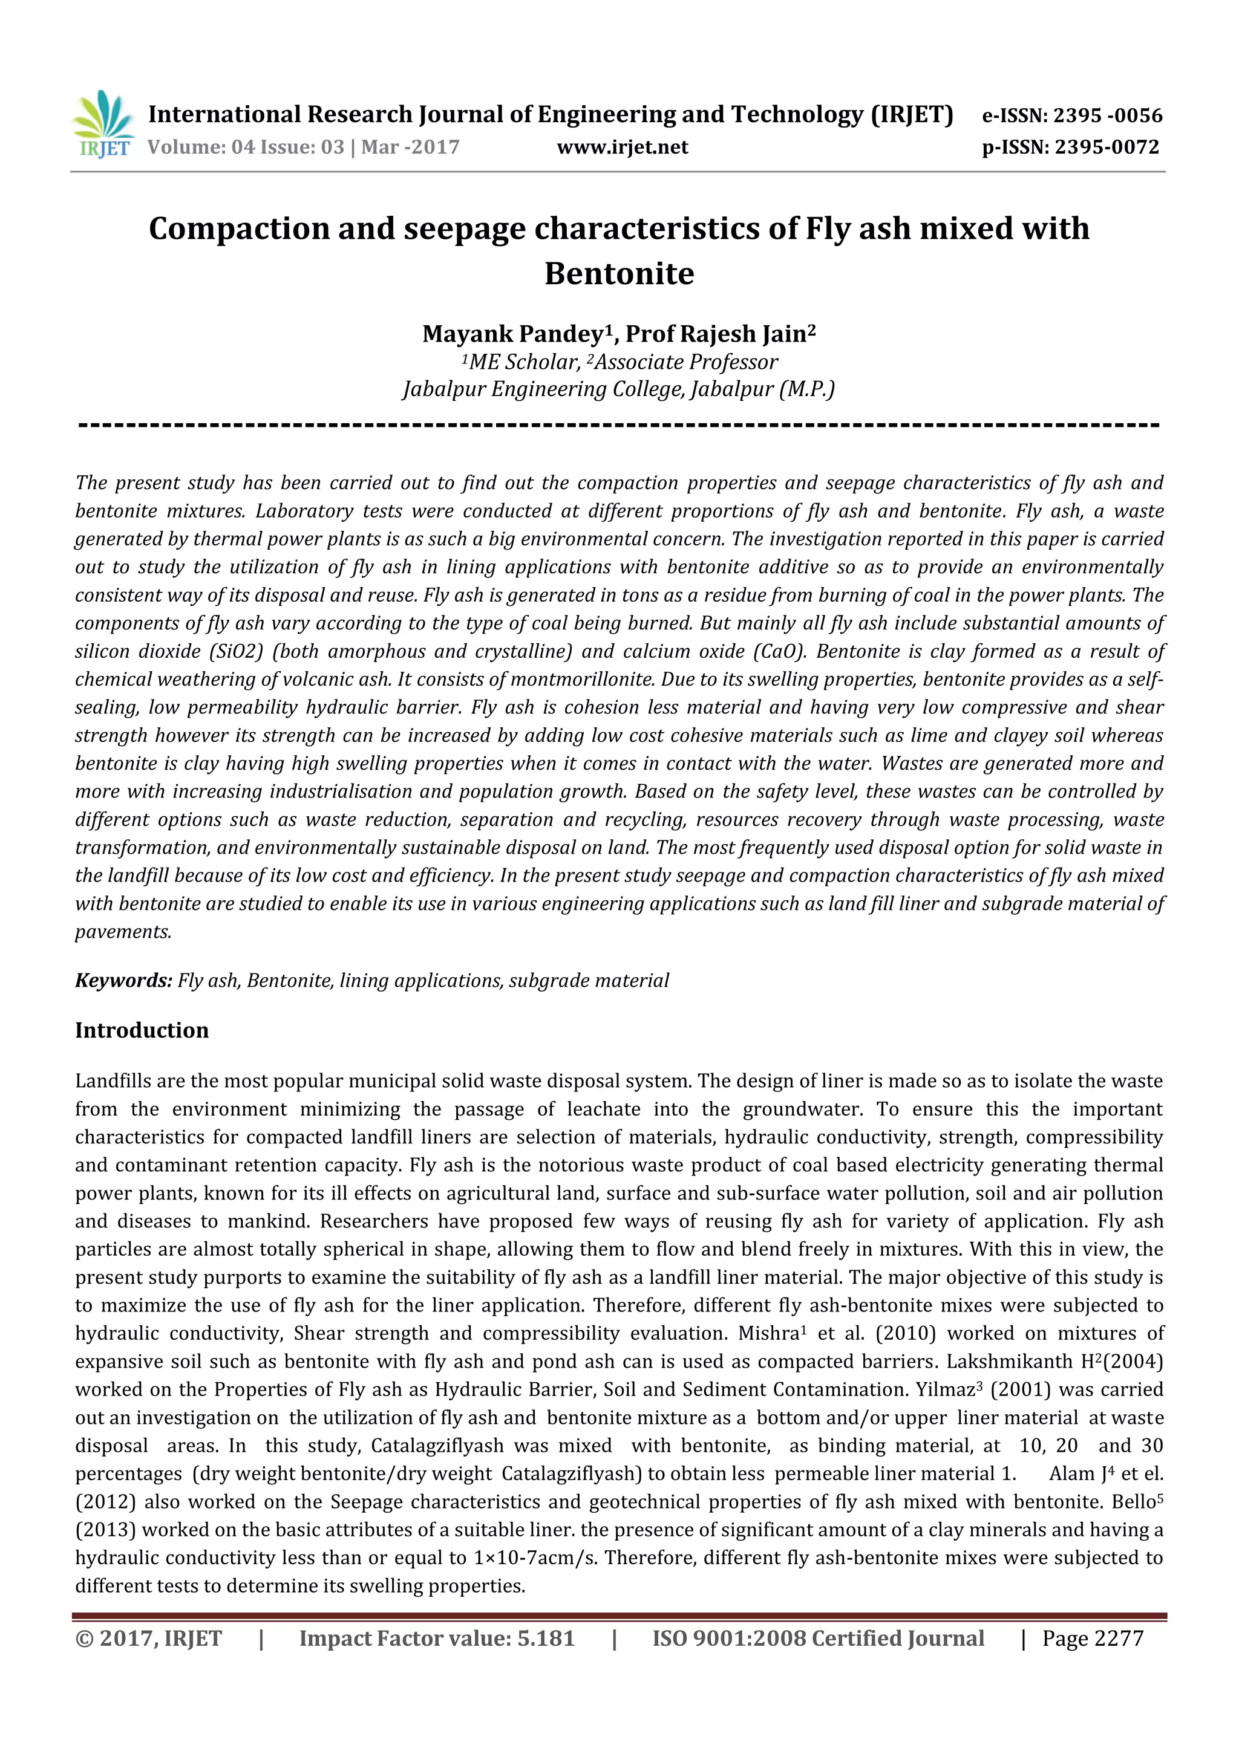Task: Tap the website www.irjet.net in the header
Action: tap(622, 147)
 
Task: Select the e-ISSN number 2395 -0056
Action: tap(1107, 116)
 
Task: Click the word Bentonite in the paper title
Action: tap(619, 273)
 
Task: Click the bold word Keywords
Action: tap(123, 981)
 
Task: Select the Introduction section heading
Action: tap(142, 1030)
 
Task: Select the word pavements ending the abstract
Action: tap(123, 932)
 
